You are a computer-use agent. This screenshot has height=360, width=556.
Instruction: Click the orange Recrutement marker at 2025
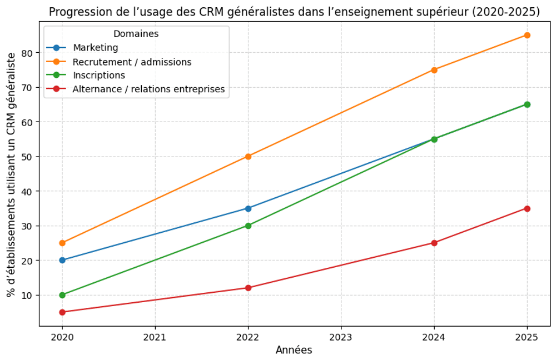(x=527, y=35)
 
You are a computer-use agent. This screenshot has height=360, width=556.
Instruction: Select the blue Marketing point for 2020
(x=62, y=260)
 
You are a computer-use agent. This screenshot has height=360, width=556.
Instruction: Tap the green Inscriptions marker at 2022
(x=248, y=226)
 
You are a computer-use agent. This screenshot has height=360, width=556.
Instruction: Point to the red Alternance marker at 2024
(x=434, y=243)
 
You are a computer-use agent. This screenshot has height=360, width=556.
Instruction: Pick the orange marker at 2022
(x=248, y=157)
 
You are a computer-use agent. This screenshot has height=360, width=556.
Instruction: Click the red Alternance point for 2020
(x=62, y=312)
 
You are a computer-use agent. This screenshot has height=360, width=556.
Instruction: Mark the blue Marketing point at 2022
(x=248, y=208)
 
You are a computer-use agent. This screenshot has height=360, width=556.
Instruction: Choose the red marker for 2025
(x=527, y=208)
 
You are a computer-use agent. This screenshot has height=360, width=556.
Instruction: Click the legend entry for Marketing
(x=96, y=48)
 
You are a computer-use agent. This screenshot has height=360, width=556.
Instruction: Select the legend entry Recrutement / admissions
(x=132, y=62)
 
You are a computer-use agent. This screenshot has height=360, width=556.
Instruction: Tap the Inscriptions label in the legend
(x=99, y=76)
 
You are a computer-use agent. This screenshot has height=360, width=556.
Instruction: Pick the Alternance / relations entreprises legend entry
(x=148, y=89)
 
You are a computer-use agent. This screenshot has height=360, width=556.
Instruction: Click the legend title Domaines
(x=136, y=34)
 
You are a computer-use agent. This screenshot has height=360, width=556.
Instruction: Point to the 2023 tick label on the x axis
(x=341, y=337)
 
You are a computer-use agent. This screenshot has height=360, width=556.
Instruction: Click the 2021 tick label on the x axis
(x=155, y=337)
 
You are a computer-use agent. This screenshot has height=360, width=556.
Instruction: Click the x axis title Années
(x=294, y=350)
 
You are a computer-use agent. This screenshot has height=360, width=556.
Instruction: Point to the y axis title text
(x=12, y=175)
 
